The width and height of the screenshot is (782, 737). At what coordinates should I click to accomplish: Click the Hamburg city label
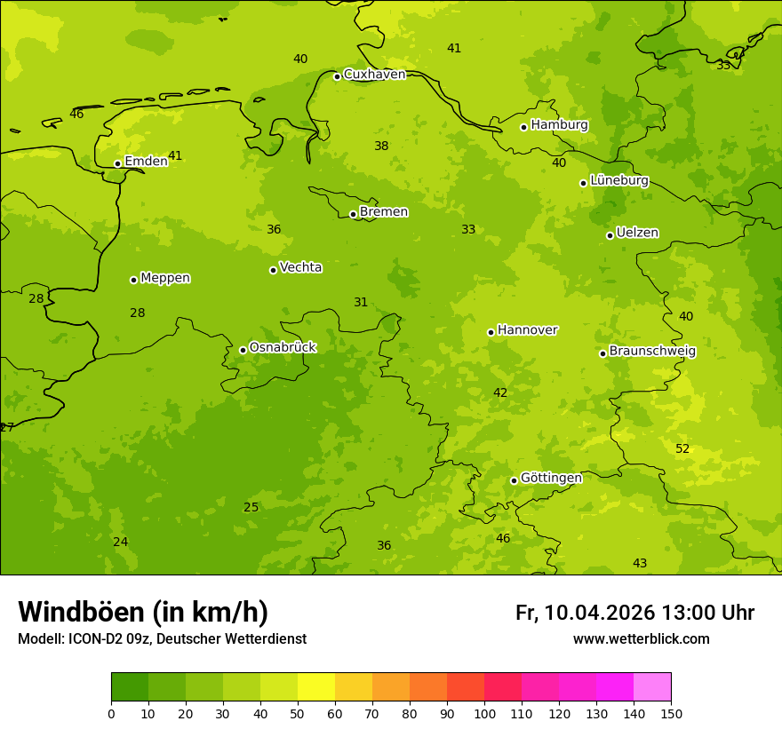click(x=559, y=125)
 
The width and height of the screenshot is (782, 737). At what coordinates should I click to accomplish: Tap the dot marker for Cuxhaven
click(x=337, y=76)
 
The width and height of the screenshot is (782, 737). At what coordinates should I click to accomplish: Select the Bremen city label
click(x=383, y=212)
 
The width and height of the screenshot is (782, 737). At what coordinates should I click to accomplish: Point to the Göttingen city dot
click(x=514, y=480)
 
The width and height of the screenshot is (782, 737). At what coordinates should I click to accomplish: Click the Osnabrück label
click(x=283, y=347)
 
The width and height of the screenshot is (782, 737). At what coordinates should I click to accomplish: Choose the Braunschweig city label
click(x=652, y=352)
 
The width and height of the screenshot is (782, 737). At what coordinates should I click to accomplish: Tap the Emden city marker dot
click(x=117, y=163)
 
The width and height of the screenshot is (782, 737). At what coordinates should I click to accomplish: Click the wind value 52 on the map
click(x=682, y=449)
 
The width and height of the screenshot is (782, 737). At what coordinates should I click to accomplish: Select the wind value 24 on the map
click(x=121, y=543)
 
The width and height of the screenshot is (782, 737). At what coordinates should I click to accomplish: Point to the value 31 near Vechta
click(x=361, y=303)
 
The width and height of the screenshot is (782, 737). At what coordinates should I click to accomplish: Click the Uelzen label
click(x=637, y=234)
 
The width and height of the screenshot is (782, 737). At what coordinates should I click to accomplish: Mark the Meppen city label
click(x=165, y=278)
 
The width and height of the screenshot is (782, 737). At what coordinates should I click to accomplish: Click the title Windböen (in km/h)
click(x=143, y=612)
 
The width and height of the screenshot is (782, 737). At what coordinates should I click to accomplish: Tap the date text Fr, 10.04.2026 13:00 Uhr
click(x=634, y=613)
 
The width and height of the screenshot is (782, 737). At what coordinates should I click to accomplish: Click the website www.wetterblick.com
click(x=641, y=639)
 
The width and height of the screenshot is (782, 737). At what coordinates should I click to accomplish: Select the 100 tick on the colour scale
click(x=484, y=713)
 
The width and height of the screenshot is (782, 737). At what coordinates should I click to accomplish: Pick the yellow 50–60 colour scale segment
click(x=316, y=687)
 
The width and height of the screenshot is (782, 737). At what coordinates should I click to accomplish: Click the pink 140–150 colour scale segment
click(x=652, y=687)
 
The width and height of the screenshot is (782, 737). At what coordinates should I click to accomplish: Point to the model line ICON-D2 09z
click(x=162, y=639)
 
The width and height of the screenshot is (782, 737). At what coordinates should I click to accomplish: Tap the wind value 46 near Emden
click(x=76, y=114)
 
